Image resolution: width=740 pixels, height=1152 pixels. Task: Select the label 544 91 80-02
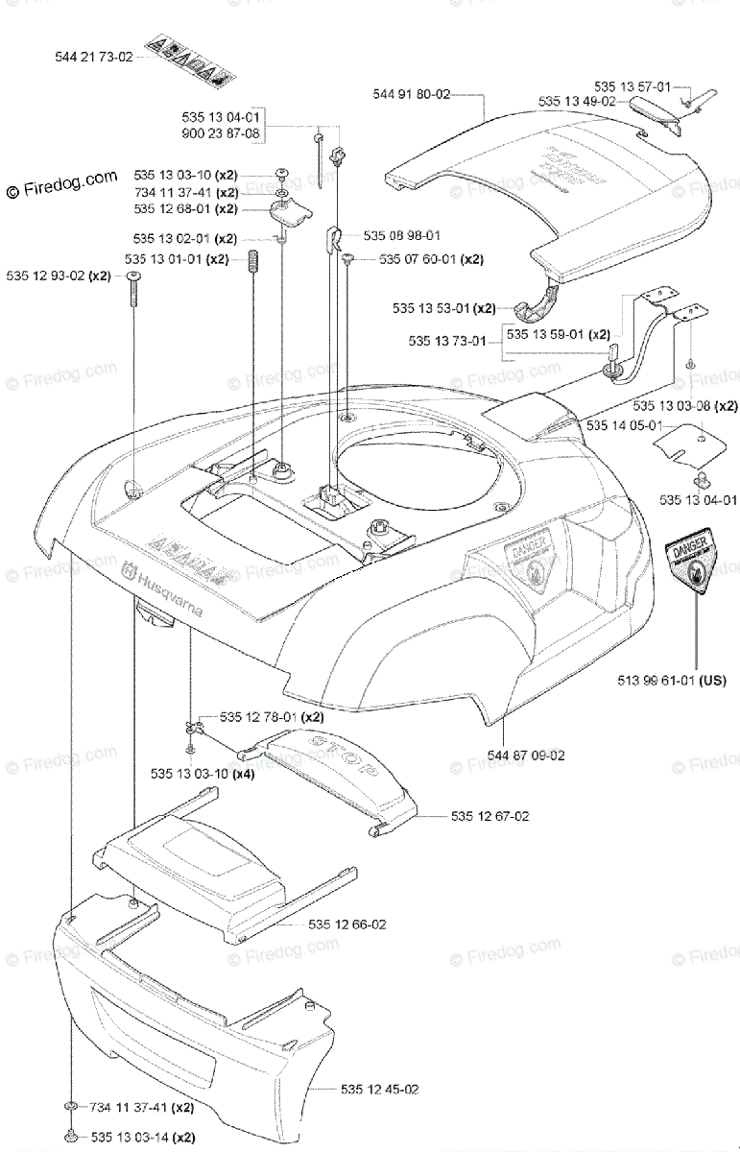tap(411, 94)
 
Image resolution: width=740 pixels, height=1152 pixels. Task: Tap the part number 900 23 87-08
tap(221, 132)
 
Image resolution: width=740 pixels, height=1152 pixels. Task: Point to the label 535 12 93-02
tap(45, 276)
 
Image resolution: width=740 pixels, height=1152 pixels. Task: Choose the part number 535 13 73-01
tap(447, 340)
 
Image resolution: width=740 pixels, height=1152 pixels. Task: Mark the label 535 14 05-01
tap(624, 425)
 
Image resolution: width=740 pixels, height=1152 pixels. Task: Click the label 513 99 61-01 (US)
tap(672, 681)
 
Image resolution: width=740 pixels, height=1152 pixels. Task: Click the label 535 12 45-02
tap(378, 1089)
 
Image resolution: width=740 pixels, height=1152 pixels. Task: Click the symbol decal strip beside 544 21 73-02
tap(190, 58)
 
